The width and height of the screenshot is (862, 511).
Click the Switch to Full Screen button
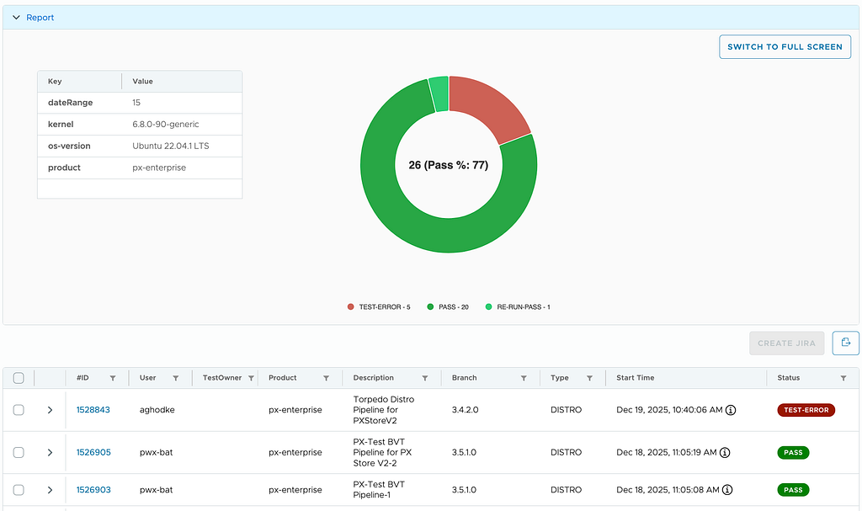tap(785, 47)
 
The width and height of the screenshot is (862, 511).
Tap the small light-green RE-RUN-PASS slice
tap(439, 93)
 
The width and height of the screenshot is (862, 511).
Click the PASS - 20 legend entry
tap(448, 307)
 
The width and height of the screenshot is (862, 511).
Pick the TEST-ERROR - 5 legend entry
tap(379, 307)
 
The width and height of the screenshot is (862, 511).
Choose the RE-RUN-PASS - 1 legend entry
tap(518, 307)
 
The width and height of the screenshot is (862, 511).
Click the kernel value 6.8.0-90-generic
tap(166, 125)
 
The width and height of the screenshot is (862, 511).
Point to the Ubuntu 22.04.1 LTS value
tap(170, 146)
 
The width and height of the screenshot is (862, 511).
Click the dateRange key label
tap(71, 103)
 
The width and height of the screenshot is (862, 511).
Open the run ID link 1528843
tap(93, 410)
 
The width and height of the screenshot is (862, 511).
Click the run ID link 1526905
tap(93, 452)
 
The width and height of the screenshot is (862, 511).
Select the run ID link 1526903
tap(93, 490)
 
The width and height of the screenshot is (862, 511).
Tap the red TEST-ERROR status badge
tap(806, 410)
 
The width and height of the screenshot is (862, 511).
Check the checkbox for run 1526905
tap(19, 452)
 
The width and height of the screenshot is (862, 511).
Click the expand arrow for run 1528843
tap(50, 410)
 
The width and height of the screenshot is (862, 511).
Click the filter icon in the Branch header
tap(524, 378)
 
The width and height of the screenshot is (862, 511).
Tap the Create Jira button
tap(787, 343)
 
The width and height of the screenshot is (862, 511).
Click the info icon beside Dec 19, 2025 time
tap(731, 410)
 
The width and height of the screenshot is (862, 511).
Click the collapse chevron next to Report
tap(16, 18)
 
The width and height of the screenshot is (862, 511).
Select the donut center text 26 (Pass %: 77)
tap(449, 165)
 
